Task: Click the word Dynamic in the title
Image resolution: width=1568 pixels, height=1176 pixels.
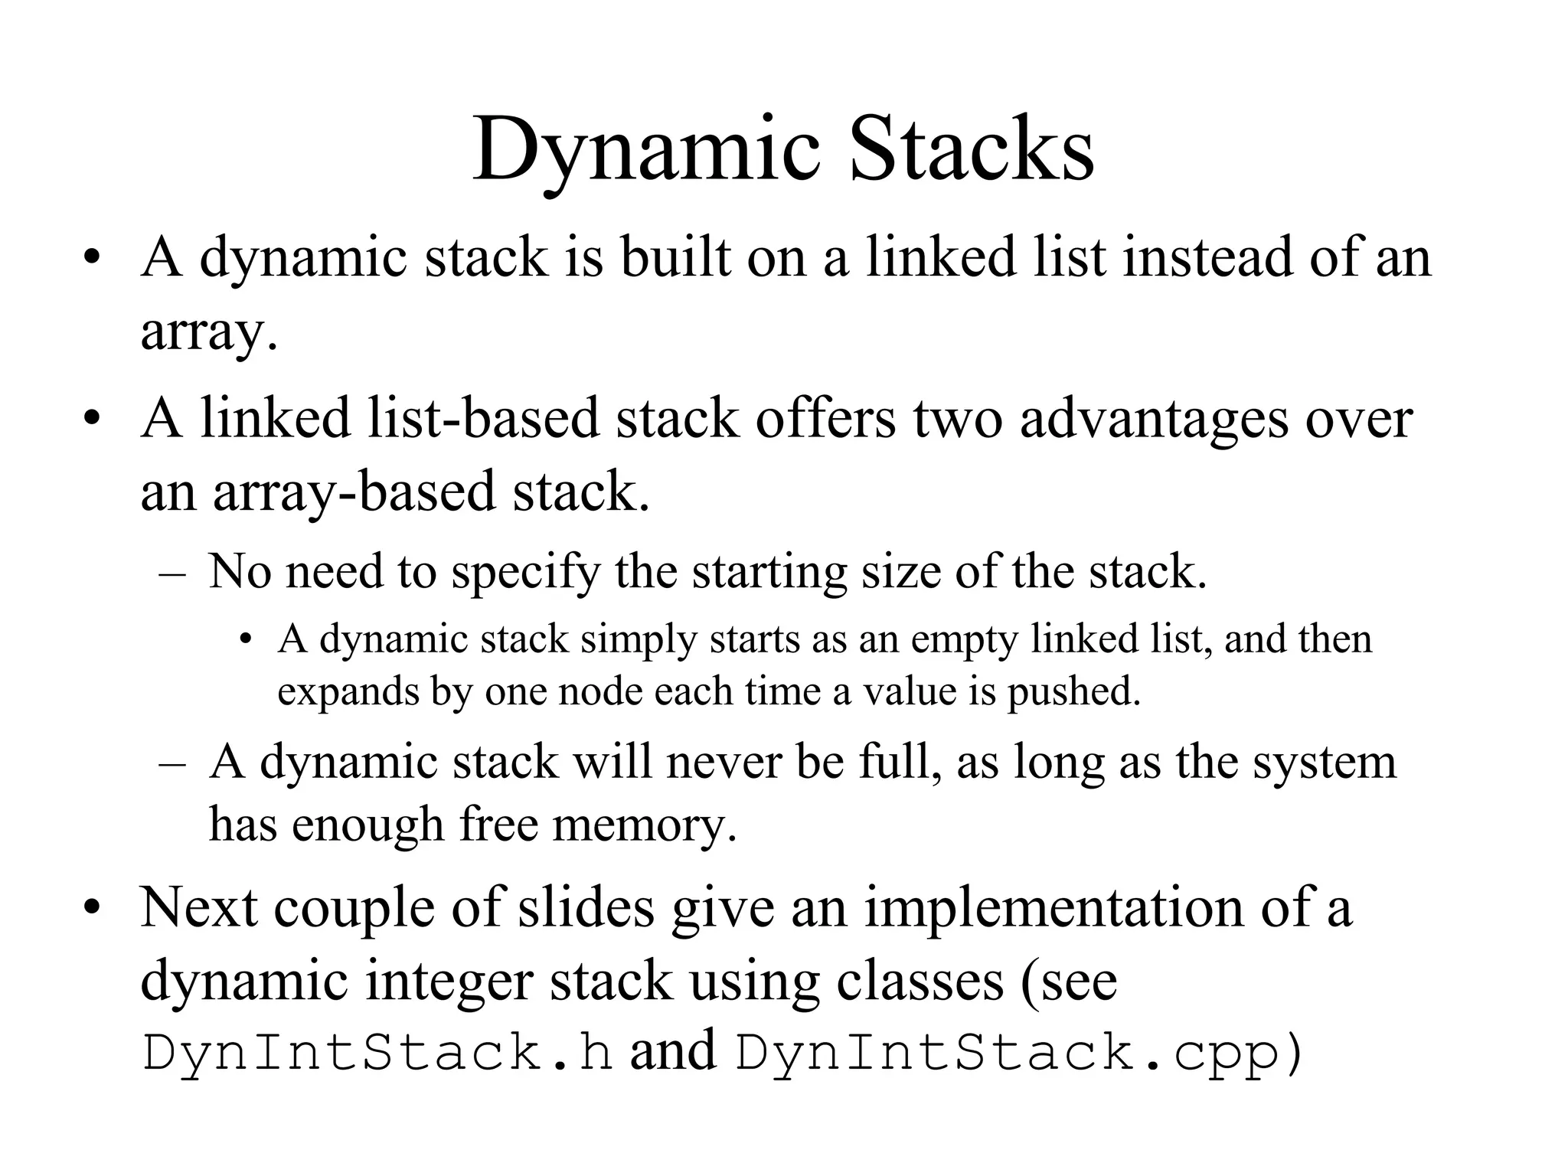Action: tap(643, 149)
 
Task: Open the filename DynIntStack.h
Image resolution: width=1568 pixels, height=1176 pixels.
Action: tap(377, 1052)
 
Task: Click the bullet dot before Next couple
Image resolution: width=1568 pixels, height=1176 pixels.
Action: tap(93, 908)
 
